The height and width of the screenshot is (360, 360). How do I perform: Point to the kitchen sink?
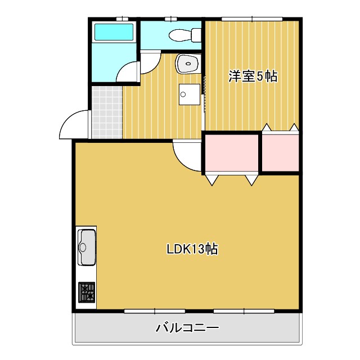click(x=87, y=246)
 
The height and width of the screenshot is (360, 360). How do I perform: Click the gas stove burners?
click(x=87, y=293)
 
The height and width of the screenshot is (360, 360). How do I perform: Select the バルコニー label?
click(x=187, y=327)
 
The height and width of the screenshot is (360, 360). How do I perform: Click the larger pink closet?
click(x=231, y=153)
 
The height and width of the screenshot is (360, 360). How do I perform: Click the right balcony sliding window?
click(x=244, y=310)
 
